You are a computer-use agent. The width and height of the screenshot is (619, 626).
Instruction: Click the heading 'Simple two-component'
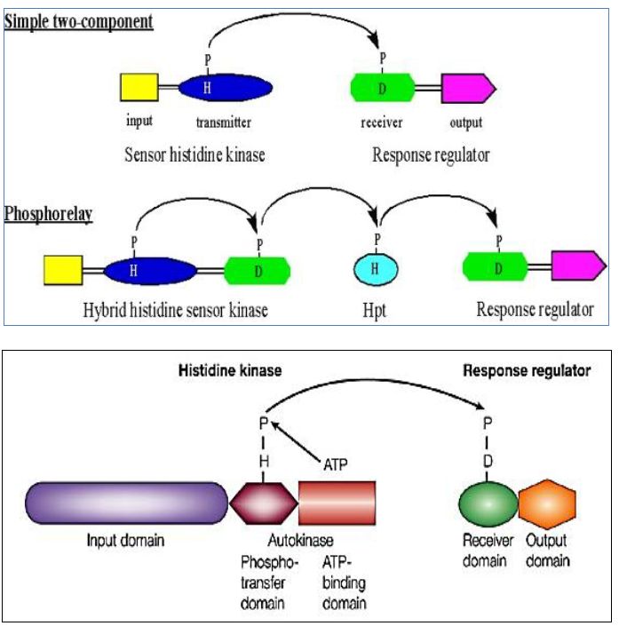click(x=79, y=20)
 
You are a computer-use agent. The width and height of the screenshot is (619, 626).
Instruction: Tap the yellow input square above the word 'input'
click(x=138, y=89)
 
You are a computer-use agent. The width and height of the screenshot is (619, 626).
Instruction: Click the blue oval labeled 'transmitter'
click(x=225, y=88)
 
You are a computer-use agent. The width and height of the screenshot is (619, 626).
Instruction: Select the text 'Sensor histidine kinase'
click(x=194, y=155)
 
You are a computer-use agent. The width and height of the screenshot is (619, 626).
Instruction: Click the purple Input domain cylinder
click(x=126, y=506)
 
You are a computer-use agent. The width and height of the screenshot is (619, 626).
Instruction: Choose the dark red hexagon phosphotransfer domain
click(x=263, y=506)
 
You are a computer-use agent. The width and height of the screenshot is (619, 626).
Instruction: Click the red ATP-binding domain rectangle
click(x=337, y=506)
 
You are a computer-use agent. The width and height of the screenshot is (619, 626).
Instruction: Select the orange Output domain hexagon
click(x=546, y=506)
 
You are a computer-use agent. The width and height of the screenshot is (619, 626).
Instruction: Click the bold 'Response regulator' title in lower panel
click(x=527, y=369)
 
